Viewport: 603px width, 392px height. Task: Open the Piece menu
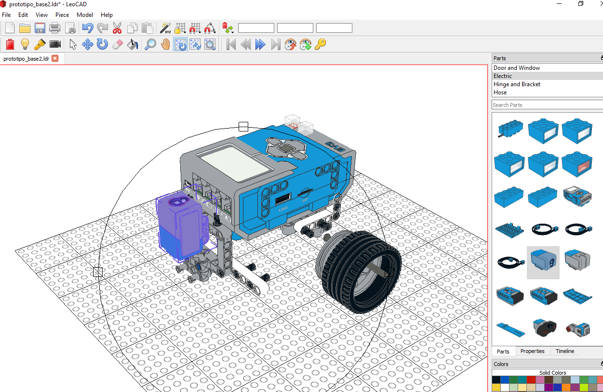62,15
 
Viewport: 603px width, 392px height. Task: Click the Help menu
107,15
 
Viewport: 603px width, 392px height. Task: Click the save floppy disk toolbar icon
40,28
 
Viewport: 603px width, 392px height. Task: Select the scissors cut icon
117,28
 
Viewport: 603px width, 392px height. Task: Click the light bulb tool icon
25,45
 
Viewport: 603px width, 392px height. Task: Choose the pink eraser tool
118,45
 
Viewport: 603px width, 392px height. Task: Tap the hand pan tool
165,45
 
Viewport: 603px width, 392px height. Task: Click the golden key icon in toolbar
320,45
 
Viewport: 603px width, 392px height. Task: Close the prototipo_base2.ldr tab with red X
55,58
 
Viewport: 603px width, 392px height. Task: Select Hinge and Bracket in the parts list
517,84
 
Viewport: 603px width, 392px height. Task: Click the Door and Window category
517,68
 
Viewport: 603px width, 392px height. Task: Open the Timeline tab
565,351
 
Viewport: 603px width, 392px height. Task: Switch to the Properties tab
532,351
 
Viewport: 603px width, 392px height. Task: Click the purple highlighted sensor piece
181,224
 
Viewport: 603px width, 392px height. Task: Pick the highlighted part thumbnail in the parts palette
543,262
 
